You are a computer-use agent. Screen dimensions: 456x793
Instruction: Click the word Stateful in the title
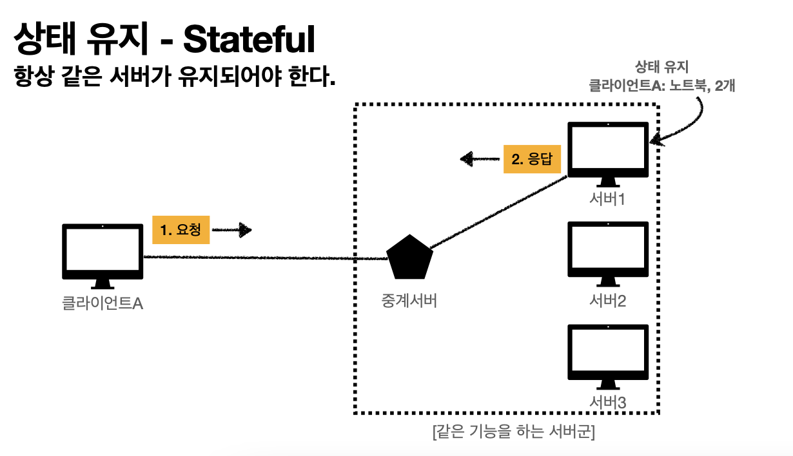point(250,40)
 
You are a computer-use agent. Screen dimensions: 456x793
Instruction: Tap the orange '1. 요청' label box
point(181,230)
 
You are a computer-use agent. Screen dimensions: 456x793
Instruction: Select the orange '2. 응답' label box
point(532,159)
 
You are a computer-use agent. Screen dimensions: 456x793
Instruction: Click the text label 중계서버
point(409,300)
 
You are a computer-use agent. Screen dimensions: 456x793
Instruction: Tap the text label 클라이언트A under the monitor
point(102,303)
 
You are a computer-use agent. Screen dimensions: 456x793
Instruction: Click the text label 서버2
point(608,300)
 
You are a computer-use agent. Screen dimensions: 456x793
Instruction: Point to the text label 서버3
point(608,402)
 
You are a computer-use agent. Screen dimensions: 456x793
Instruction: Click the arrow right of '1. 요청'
point(232,229)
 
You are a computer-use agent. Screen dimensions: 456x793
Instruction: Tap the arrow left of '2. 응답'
point(478,158)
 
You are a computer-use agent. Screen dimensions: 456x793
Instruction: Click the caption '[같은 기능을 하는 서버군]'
point(514,432)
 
